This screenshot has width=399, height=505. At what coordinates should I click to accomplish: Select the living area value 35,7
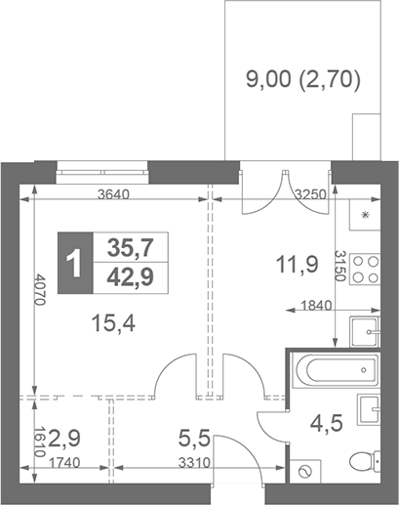coord(128,246)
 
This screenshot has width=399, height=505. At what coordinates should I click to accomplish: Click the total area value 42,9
coord(128,277)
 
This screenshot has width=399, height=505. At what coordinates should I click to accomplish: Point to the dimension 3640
coord(116,193)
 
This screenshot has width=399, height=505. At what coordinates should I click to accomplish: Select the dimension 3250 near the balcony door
coord(311,193)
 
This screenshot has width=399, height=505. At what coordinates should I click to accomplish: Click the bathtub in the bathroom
coord(336,370)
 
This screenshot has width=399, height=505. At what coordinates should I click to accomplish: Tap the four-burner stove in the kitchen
coord(366,270)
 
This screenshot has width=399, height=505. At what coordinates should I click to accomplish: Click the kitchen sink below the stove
coord(366,329)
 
